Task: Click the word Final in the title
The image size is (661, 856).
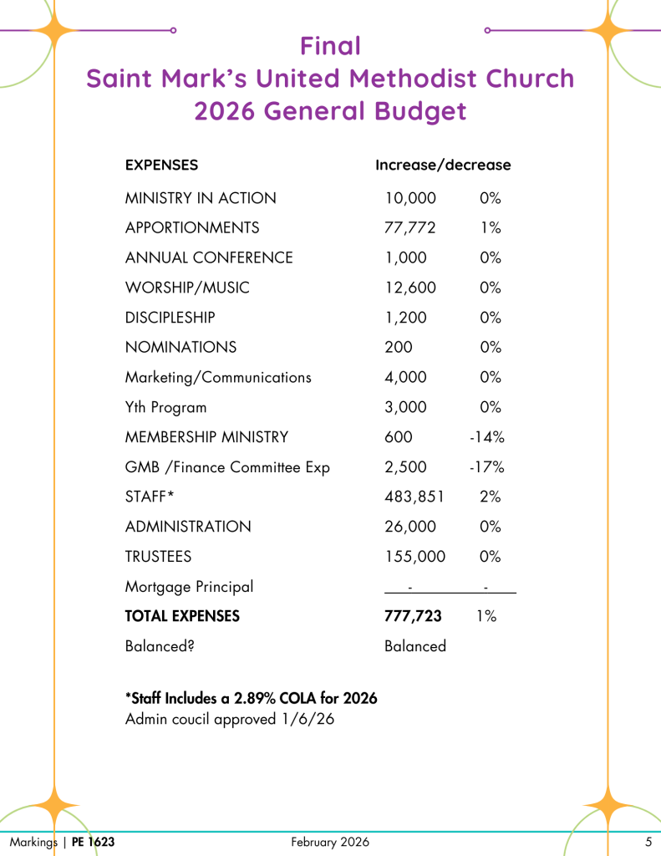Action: pyautogui.click(x=330, y=44)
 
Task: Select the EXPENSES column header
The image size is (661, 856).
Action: pyautogui.click(x=161, y=165)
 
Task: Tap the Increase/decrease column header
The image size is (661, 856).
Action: pyautogui.click(x=443, y=165)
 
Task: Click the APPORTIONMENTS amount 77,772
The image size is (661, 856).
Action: pyautogui.click(x=410, y=227)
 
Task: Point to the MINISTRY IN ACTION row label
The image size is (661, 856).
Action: pyautogui.click(x=201, y=198)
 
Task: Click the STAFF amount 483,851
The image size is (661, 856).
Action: pyautogui.click(x=414, y=497)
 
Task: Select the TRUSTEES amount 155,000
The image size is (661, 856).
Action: pyautogui.click(x=414, y=556)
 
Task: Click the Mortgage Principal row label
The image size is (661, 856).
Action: pyautogui.click(x=189, y=586)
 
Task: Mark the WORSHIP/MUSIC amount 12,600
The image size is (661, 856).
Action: pyautogui.click(x=410, y=288)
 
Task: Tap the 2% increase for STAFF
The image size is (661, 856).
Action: pyautogui.click(x=491, y=497)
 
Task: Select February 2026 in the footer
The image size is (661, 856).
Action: pyautogui.click(x=330, y=842)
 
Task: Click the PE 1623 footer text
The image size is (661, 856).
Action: pyautogui.click(x=93, y=842)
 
